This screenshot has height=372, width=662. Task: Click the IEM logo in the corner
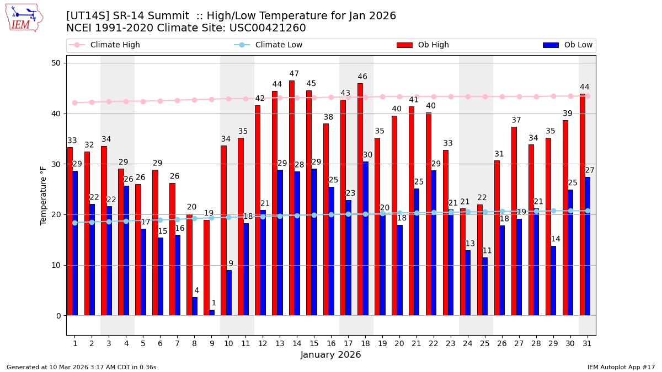(24, 18)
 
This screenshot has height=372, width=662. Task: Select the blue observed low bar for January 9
(212, 312)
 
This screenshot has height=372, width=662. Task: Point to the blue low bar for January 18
(365, 238)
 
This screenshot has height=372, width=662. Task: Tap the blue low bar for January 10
(229, 293)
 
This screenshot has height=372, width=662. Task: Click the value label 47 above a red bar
(294, 74)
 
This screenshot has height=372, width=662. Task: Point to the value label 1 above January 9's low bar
(213, 303)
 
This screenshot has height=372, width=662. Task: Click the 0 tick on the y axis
(58, 316)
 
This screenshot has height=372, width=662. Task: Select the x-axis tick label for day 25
(484, 343)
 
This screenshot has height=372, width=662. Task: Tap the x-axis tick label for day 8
(194, 343)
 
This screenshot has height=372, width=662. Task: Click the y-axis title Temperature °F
(44, 195)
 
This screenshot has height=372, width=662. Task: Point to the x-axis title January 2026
(330, 355)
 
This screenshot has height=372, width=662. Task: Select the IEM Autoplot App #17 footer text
(621, 367)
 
